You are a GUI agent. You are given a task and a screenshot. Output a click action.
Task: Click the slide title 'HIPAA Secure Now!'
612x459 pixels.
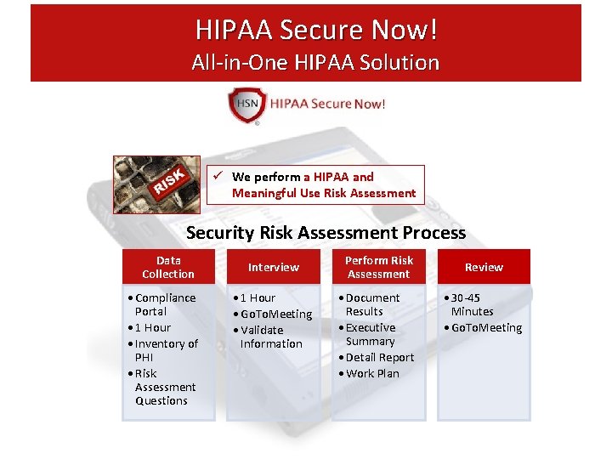[317, 30]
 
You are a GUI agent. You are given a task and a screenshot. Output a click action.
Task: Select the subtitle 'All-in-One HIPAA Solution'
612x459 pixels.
[315, 62]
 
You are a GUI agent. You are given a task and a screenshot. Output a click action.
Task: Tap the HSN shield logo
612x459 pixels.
[246, 105]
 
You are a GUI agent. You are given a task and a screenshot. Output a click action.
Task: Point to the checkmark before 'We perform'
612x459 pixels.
[218, 177]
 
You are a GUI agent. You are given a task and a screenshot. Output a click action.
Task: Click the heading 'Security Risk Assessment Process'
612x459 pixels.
[326, 233]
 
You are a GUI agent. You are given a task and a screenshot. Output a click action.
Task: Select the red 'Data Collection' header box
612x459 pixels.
[168, 267]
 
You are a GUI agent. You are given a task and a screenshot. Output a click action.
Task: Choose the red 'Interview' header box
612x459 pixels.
[273, 267]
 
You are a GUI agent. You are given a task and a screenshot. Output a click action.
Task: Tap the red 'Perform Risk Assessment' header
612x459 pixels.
[378, 267]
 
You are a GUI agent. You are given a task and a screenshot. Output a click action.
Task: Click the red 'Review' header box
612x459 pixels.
[484, 267]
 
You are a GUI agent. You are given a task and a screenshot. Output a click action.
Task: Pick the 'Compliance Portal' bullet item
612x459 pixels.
[164, 304]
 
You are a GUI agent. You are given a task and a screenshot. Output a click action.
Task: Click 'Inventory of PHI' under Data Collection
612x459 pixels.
[166, 350]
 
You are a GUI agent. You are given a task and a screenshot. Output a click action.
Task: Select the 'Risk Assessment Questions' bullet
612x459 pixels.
[164, 387]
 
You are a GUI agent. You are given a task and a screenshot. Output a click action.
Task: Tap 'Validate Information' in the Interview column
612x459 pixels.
[270, 337]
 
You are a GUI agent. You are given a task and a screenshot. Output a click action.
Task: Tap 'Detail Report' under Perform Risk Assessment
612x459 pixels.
[379, 357]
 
